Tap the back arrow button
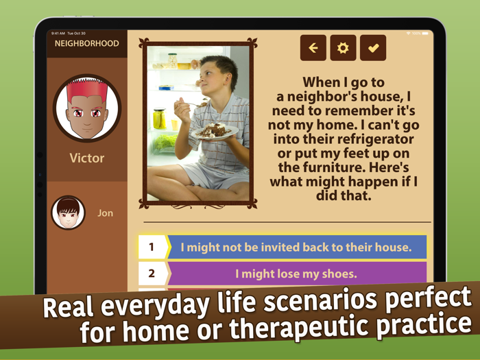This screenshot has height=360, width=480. coord(313,48)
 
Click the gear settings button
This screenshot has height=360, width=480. coord(343,48)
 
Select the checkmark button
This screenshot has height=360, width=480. coord(373,48)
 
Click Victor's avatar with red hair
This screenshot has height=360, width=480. coord(87,108)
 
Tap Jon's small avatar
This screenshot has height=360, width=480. coord(68,213)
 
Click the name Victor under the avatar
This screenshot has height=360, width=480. coord(87,158)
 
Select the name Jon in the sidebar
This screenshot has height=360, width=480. coord(105,213)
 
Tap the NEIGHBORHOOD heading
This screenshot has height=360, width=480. coord(87,44)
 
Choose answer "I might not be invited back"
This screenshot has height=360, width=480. coord(296,247)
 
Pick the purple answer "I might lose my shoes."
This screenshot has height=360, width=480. coord(296,274)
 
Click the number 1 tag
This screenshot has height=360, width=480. coord(152,247)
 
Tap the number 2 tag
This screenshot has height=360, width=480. coord(152,274)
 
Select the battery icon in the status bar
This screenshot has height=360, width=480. coord(425,33)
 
